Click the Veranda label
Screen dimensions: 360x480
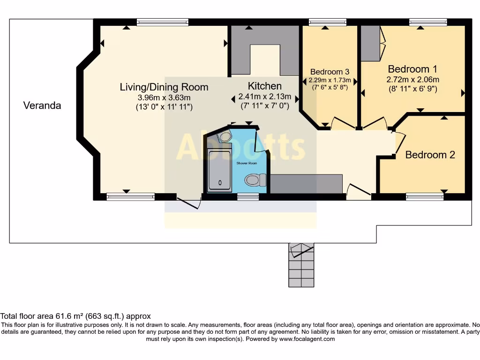(42, 105)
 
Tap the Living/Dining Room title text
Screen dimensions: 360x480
(164, 87)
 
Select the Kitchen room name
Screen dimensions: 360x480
(264, 86)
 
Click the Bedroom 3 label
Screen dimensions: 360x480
(330, 72)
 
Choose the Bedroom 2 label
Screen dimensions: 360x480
(430, 155)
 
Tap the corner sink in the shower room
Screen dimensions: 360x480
(225, 137)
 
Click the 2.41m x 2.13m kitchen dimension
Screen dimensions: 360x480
(265, 97)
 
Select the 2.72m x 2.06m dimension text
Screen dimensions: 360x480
(412, 80)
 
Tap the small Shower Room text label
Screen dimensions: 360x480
(247, 163)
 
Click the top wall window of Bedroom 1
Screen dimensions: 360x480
(427, 22)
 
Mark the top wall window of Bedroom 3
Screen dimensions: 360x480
(327, 22)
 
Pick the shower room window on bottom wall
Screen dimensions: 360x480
(248, 197)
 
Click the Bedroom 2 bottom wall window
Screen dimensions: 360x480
(425, 197)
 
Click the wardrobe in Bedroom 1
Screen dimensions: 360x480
(370, 43)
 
